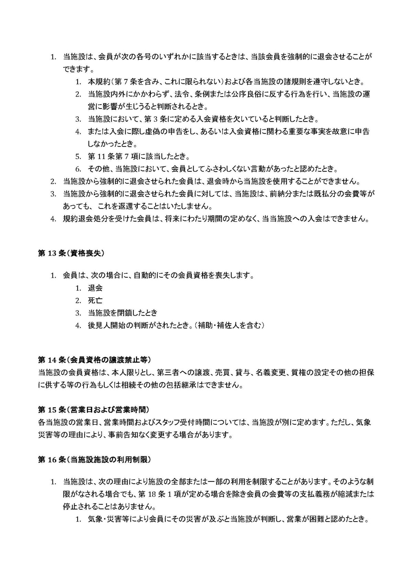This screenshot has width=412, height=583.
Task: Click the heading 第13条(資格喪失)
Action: pyautogui.click(x=71, y=254)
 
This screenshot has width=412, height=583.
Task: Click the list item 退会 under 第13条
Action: pyautogui.click(x=95, y=288)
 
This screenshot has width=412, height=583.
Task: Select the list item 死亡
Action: pyautogui.click(x=95, y=301)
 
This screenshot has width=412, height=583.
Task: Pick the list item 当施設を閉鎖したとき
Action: pyautogui.click(x=123, y=313)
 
